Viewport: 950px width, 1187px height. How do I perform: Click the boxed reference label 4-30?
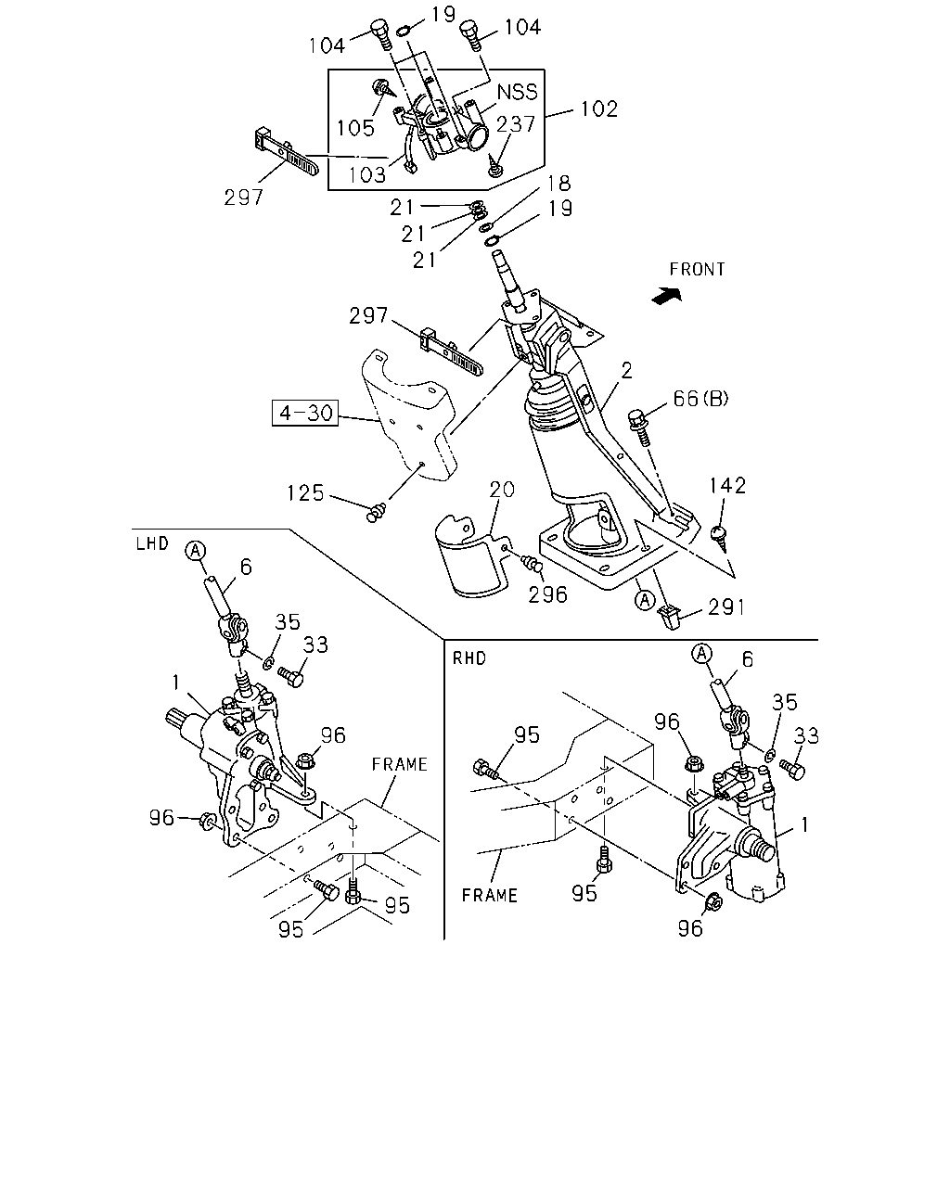pos(304,414)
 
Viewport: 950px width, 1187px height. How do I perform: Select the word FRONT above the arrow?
pos(697,269)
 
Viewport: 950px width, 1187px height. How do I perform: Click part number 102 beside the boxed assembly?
pos(599,108)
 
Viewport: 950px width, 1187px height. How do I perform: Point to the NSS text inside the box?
pos(518,92)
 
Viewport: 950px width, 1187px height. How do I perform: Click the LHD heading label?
pos(152,543)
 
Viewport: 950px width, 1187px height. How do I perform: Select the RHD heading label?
pos(469,658)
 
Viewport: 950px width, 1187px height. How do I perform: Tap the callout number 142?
pos(727,485)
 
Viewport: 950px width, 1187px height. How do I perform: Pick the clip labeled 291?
pos(669,617)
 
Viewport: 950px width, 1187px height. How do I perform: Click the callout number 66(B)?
pos(701,398)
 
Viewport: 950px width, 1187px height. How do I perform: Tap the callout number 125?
pos(305,493)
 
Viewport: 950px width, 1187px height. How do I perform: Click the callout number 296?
pos(547,594)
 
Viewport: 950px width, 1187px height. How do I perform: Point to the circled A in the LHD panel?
pos(196,551)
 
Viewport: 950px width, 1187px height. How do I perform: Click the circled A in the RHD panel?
pos(701,654)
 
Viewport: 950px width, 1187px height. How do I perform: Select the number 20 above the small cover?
pos(502,490)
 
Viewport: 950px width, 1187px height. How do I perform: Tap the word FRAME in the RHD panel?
pos(490,895)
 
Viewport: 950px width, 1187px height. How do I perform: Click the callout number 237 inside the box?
pos(516,124)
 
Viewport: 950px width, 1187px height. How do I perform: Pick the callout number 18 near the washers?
pos(558,183)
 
